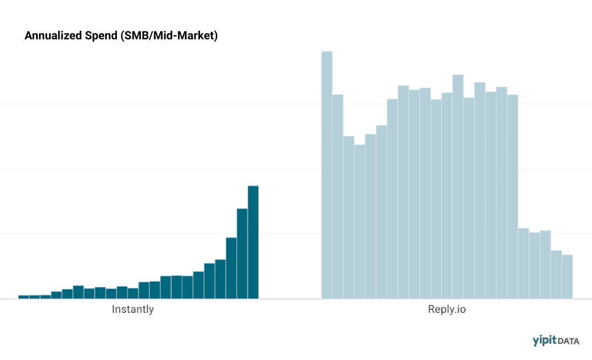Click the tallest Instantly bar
click(253, 242)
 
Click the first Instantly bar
click(24, 296)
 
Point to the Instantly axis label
click(133, 310)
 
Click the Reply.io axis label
click(447, 310)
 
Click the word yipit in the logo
click(544, 341)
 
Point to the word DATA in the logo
click(569, 341)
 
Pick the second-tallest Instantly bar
click(242, 253)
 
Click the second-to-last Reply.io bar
click(556, 274)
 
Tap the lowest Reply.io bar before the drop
click(360, 221)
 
